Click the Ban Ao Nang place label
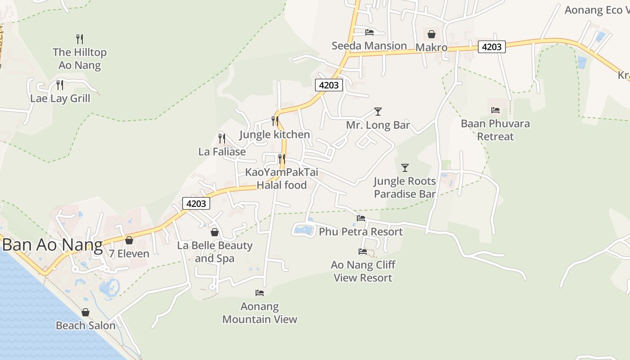[x=52, y=245]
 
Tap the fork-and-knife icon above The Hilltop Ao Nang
[x=80, y=39]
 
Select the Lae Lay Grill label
[x=60, y=98]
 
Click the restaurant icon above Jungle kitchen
[x=274, y=121]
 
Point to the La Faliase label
[x=222, y=152]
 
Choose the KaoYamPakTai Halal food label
[x=282, y=179]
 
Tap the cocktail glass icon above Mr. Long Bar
[x=378, y=111]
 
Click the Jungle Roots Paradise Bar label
[x=405, y=188]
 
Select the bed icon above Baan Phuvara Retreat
[x=495, y=110]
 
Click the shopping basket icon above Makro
[x=431, y=34]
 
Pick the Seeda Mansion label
[x=369, y=46]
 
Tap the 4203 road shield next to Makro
[x=492, y=47]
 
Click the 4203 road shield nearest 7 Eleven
[x=196, y=203]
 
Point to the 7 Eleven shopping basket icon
[x=129, y=240]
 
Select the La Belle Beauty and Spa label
[x=215, y=252]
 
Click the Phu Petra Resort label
[x=361, y=232]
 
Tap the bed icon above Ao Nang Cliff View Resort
[x=363, y=252]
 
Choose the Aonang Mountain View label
[x=260, y=313]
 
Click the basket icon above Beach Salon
[x=85, y=312]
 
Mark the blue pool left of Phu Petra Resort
[x=303, y=230]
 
